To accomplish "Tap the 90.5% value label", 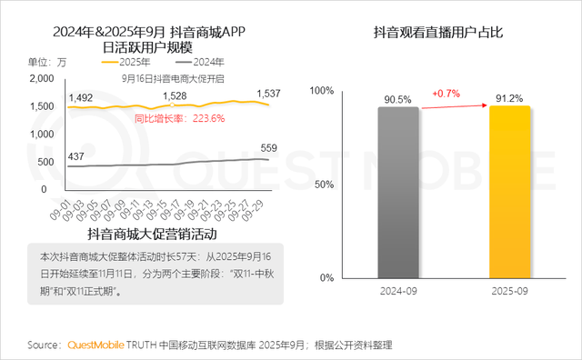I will tap(400, 97).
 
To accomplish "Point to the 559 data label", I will tap(269, 148).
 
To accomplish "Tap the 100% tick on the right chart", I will tap(325, 91).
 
